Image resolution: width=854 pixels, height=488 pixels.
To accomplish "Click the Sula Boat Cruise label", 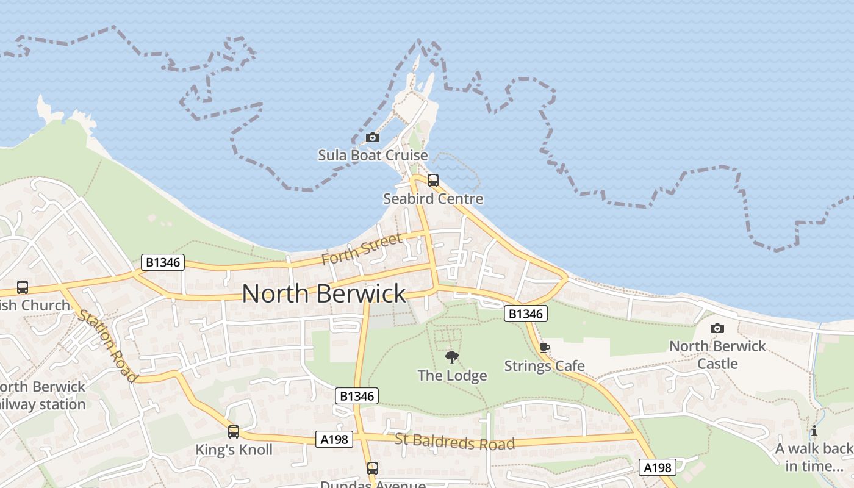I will click(x=373, y=156).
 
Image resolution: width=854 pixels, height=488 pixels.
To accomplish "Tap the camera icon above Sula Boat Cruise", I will click(x=372, y=138).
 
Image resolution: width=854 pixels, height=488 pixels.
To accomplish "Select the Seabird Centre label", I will click(x=433, y=199).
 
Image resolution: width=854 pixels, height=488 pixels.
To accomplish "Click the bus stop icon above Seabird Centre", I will click(x=433, y=181).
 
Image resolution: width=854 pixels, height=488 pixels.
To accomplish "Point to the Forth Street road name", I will click(x=362, y=249).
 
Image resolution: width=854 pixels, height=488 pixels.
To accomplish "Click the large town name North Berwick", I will click(x=324, y=293).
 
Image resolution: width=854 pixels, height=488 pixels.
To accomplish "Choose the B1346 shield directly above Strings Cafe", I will click(x=526, y=314).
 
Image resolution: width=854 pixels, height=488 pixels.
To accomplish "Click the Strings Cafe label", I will click(x=544, y=366).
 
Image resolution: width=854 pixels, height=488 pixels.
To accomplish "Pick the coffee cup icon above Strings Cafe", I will click(x=544, y=348).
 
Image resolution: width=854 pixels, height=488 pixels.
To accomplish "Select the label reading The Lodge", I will click(x=452, y=376).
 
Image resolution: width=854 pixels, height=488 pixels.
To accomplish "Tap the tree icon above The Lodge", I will click(x=452, y=357).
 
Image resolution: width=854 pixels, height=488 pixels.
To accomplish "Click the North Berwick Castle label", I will click(x=717, y=354).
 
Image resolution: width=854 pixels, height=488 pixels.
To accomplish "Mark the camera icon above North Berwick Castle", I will click(x=717, y=329).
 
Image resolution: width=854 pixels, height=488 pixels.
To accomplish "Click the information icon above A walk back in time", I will click(x=814, y=431).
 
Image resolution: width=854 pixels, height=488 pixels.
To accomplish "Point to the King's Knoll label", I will click(x=233, y=450).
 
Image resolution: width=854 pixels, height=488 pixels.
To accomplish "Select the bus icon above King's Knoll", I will click(x=233, y=432).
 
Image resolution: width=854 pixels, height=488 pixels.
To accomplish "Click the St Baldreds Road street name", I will click(x=454, y=441).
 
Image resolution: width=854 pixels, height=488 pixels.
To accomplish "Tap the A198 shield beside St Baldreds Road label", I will click(x=335, y=439).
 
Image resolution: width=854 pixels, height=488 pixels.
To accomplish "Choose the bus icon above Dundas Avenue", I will click(x=372, y=468).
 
